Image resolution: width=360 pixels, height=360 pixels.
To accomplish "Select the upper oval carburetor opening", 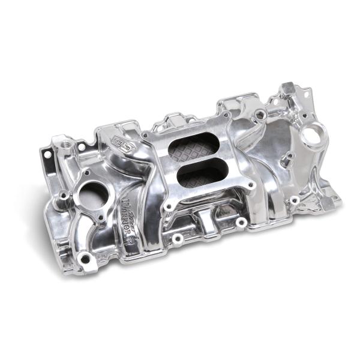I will [x=193, y=146].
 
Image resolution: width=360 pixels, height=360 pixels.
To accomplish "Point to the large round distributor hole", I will [x=313, y=134].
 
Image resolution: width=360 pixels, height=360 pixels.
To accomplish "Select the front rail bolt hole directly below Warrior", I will [x=178, y=238].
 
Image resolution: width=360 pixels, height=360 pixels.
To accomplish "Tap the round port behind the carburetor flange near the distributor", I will [x=259, y=114].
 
